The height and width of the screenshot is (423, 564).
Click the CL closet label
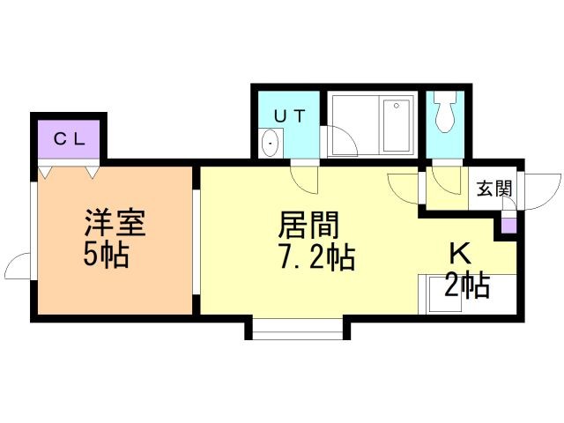point(70,139)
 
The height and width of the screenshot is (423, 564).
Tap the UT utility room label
point(290,115)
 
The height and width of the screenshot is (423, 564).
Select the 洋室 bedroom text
point(115,222)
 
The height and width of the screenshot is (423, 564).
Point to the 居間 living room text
point(308,225)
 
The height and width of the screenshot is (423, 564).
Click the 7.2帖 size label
point(317,257)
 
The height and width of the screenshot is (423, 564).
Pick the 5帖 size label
point(106,255)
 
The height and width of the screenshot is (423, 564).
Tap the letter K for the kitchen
point(461,254)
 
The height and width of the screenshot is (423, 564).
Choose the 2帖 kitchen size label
point(467,285)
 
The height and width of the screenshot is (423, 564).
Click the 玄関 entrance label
point(494,188)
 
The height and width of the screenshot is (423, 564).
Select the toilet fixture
point(445,111)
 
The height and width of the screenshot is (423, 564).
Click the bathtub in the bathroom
point(397,125)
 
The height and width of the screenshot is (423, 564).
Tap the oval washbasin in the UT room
point(270,143)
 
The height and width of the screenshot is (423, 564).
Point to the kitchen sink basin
point(443,293)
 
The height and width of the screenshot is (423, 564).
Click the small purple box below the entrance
point(509,226)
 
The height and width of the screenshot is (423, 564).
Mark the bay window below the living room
point(298,329)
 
